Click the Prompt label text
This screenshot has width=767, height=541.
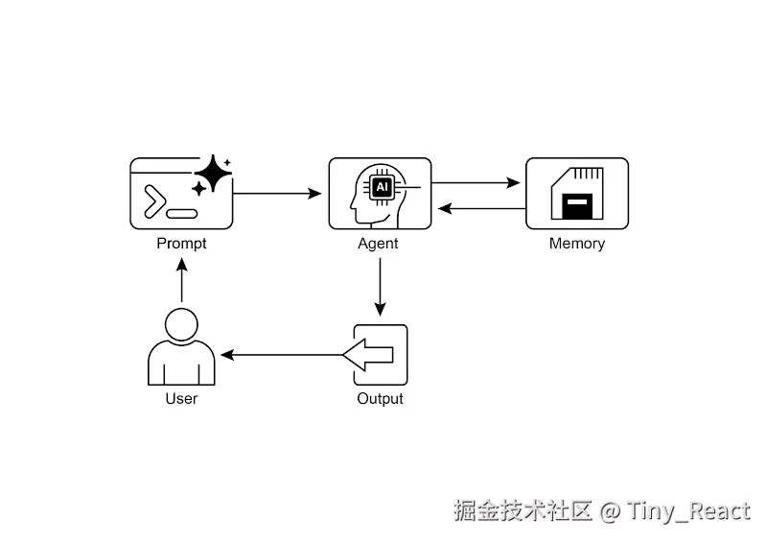(181, 244)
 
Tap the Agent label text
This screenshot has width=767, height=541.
(379, 244)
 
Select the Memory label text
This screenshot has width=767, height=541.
(576, 244)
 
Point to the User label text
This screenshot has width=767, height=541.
(181, 398)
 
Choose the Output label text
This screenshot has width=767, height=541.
(380, 398)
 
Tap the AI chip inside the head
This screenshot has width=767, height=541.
(382, 187)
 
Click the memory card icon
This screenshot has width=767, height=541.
(576, 193)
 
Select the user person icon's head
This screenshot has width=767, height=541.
(181, 323)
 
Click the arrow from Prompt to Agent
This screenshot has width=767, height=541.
(277, 194)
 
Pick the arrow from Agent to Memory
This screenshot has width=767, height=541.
(476, 182)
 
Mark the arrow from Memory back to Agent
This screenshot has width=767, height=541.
(481, 208)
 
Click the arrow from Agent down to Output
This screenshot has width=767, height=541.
(380, 284)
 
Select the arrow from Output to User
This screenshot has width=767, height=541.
(282, 355)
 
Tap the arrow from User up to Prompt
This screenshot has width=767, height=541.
(181, 280)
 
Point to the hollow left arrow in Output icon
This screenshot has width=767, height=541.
(368, 355)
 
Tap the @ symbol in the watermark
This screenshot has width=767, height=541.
(610, 511)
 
